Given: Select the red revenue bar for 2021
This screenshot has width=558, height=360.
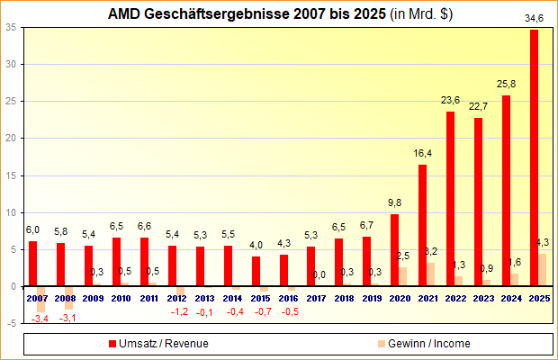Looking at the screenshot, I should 423,225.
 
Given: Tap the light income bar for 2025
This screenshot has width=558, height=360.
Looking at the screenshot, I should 543,270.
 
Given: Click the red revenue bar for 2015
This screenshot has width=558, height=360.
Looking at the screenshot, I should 256,271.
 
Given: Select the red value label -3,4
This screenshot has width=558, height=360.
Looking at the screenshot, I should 40,319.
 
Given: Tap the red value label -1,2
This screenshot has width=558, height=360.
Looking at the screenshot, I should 179,311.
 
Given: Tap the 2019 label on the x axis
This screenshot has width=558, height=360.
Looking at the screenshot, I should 372,297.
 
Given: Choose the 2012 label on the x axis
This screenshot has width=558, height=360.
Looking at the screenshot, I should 176,297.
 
